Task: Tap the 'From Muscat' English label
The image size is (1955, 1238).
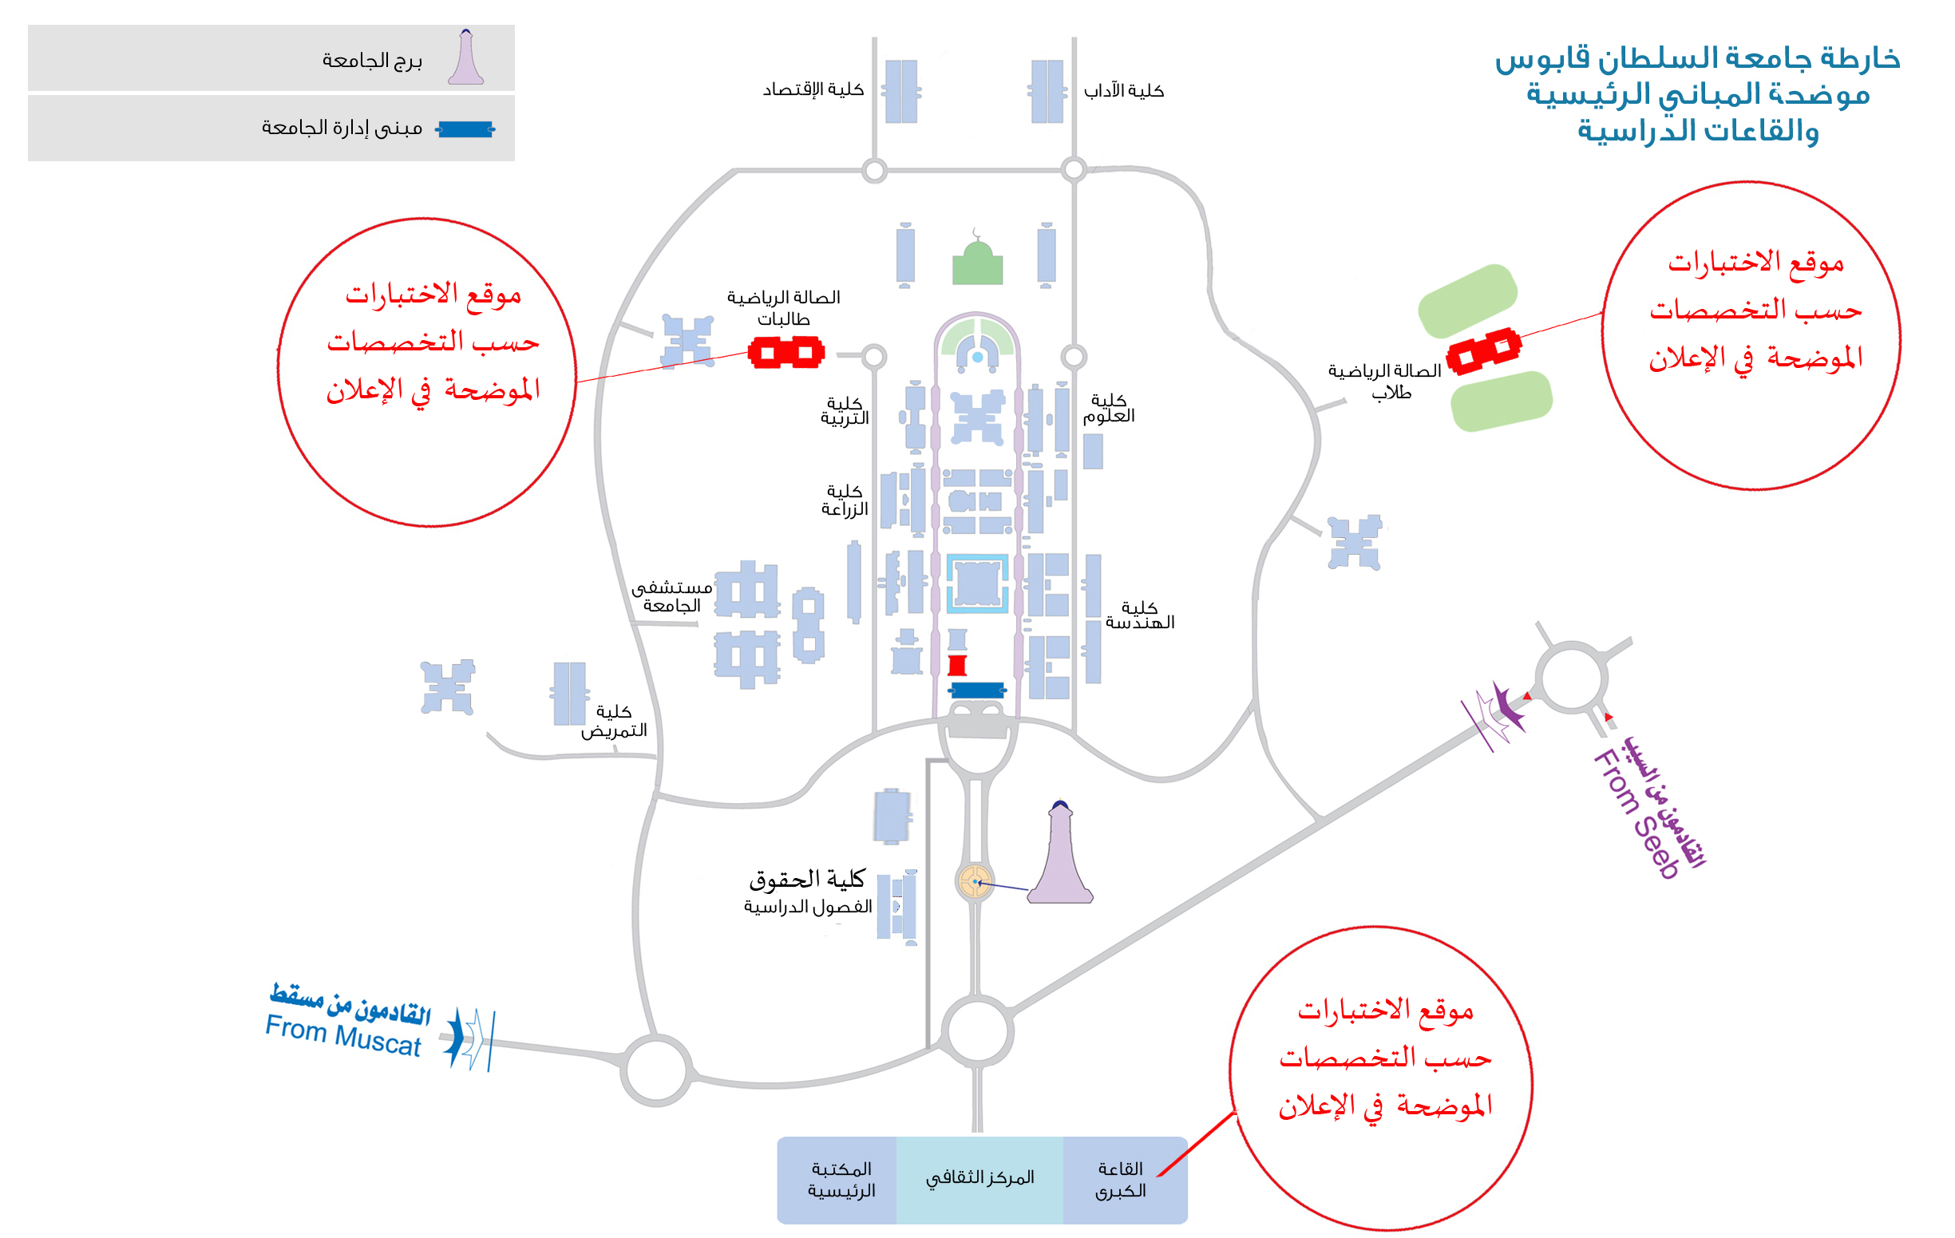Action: [x=342, y=1035]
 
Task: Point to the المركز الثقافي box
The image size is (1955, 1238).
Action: [x=979, y=1179]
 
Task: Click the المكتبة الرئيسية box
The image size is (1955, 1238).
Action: [x=841, y=1180]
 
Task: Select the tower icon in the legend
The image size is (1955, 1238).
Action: [x=465, y=57]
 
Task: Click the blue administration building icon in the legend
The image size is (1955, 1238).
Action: [x=465, y=129]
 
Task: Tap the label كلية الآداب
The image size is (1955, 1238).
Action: [x=1124, y=91]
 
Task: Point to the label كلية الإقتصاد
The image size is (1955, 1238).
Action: [x=813, y=90]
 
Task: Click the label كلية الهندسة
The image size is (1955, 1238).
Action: [x=1139, y=615]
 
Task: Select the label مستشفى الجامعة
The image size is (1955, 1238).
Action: [x=671, y=597]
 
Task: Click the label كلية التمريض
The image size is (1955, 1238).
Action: [x=614, y=722]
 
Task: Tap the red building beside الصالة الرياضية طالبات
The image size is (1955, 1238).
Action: [x=786, y=353]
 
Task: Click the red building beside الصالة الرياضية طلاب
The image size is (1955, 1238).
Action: [x=1483, y=351]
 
